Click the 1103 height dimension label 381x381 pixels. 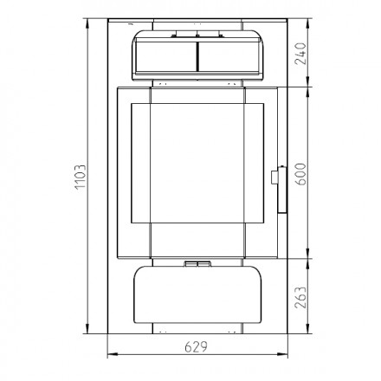click(81, 177)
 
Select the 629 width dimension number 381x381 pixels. click(196, 347)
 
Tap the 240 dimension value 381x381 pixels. click(300, 54)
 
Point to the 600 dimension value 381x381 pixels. click(300, 174)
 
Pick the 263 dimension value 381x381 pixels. click(300, 297)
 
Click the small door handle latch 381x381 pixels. click(275, 177)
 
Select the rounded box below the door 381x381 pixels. click(197, 294)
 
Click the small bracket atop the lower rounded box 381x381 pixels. click(197, 264)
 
